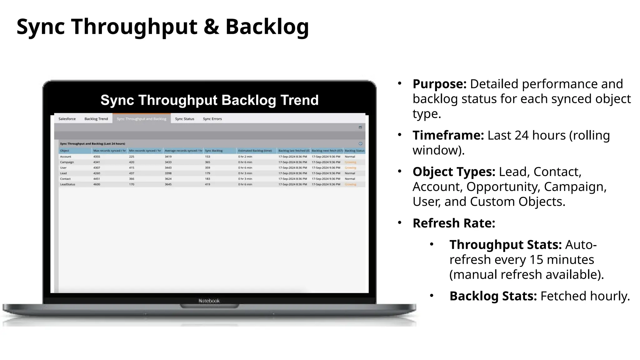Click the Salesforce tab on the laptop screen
[67, 119]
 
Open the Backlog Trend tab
[96, 119]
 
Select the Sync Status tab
[184, 119]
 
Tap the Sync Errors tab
[212, 119]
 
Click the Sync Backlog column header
[214, 151]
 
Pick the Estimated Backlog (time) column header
[255, 151]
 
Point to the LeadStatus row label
[67, 184]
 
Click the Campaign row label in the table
[67, 162]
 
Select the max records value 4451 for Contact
[97, 179]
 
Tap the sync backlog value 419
[207, 184]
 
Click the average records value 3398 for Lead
[168, 173]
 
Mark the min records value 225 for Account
[132, 157]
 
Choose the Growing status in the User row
[350, 168]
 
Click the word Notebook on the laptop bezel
[209, 301]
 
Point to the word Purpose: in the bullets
[439, 84]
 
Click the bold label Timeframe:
[448, 135]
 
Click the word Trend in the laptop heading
[299, 100]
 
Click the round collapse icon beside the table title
[360, 144]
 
